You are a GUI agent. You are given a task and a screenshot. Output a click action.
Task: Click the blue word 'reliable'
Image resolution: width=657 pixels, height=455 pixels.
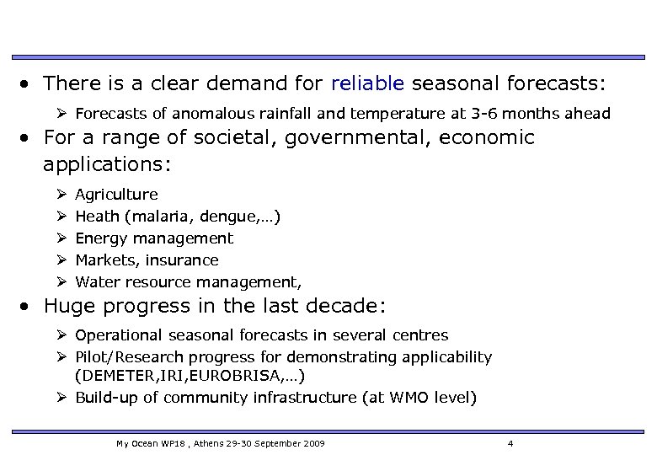(x=368, y=83)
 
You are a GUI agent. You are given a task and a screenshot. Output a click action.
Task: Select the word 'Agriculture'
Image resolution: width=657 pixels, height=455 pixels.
(x=116, y=195)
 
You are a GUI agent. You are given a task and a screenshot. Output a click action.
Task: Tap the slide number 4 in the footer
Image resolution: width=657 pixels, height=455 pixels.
(x=510, y=442)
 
